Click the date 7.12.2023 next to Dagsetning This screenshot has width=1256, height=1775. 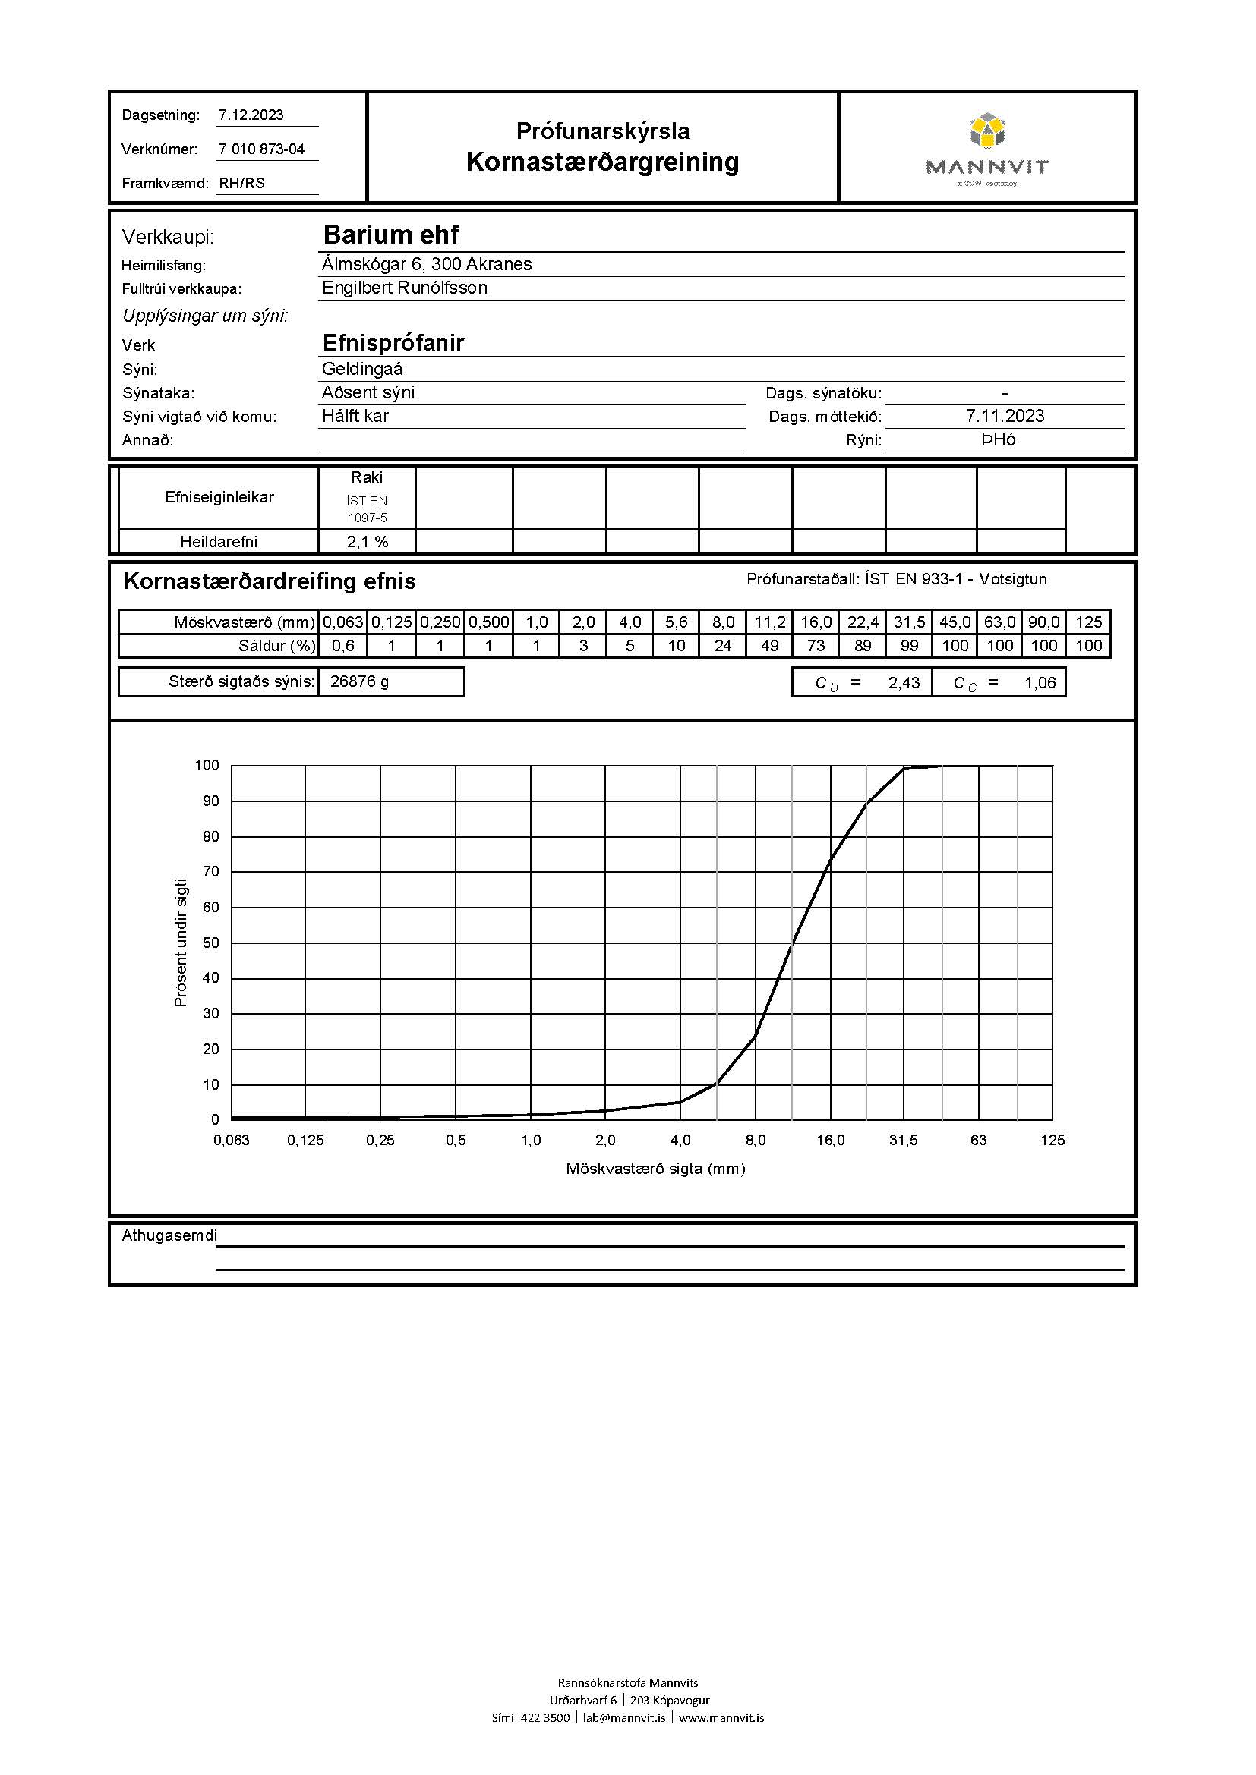click(251, 115)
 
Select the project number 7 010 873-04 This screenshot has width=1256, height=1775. click(261, 149)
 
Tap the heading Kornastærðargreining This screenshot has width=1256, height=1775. click(602, 162)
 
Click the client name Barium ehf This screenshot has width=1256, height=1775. click(390, 234)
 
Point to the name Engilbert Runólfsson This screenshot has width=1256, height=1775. click(405, 288)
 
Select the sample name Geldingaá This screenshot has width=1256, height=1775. click(362, 369)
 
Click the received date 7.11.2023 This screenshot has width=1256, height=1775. click(1005, 416)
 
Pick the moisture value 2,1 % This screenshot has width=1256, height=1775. click(368, 542)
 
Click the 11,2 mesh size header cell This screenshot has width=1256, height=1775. click(769, 622)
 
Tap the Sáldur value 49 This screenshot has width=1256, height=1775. click(769, 647)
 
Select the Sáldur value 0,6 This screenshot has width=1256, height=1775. click(342, 647)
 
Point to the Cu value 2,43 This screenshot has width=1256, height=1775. click(904, 683)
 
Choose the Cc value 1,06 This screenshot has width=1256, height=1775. click(1040, 683)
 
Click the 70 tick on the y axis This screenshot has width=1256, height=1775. click(211, 871)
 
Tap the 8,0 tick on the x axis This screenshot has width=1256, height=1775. click(756, 1141)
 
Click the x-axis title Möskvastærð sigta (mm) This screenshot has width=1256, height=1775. click(655, 1169)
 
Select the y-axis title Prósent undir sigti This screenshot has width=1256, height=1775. click(181, 943)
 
